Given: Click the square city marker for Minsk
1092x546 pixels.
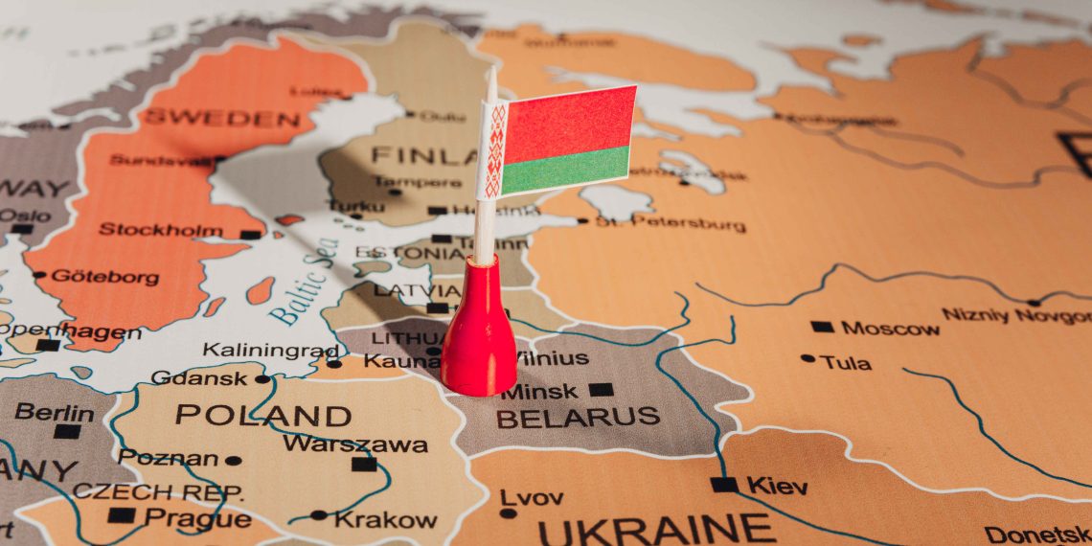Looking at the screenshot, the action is click(601, 390).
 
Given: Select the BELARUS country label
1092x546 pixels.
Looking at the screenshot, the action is click(578, 418).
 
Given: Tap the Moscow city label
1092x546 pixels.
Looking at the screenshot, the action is click(890, 329).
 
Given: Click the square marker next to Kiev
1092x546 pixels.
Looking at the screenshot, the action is click(724, 485).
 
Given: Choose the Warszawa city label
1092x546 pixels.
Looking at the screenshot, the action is click(355, 444).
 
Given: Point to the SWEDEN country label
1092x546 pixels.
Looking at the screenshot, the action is click(221, 120).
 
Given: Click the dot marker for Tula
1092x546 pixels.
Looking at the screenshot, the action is click(808, 359).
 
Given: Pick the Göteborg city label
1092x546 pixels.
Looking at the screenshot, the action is click(105, 276).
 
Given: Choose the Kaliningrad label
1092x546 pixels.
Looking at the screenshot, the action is click(271, 350).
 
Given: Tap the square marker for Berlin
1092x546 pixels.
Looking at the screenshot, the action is click(66, 431).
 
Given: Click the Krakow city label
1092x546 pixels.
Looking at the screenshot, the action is click(386, 520).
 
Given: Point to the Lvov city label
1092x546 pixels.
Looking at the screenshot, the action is click(532, 497).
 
